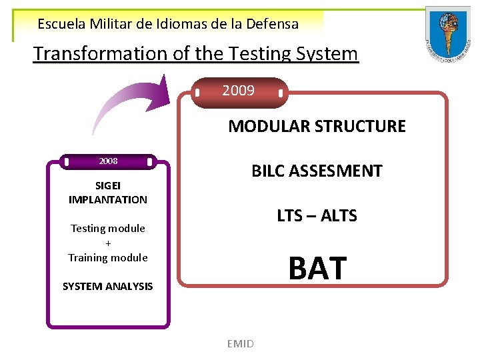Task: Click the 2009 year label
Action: tap(239, 91)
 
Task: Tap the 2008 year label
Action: tap(108, 161)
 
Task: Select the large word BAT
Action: tap(317, 268)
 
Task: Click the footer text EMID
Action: tap(240, 343)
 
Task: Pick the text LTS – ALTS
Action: tap(317, 215)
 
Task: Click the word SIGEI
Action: tap(107, 186)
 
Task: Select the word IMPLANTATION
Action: tap(107, 199)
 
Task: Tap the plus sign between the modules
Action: tap(108, 243)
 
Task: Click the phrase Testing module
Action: tap(107, 228)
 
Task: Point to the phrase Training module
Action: tap(107, 257)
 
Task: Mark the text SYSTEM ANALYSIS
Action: tap(107, 287)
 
